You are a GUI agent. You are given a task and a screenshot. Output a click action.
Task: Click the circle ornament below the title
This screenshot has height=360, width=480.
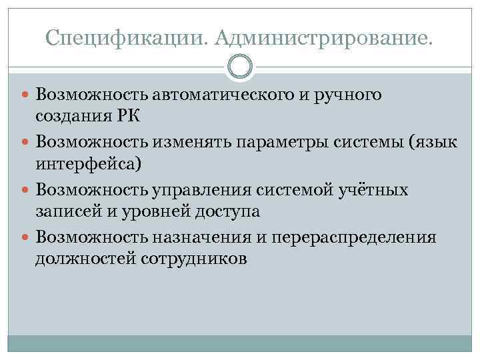[240, 67]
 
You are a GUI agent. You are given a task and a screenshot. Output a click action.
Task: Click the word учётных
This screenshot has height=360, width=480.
[371, 191]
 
